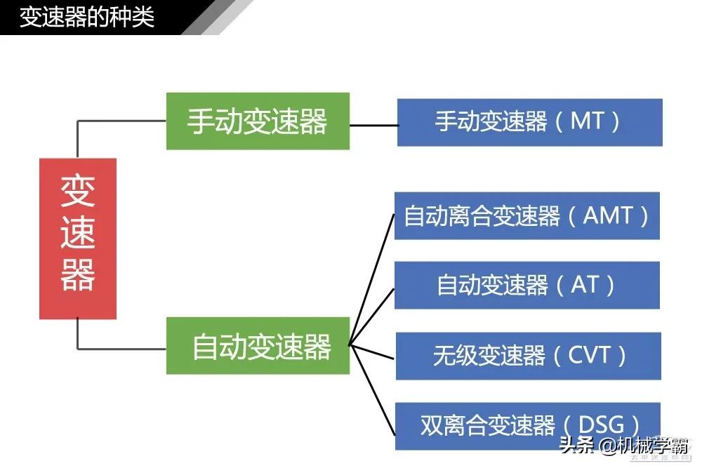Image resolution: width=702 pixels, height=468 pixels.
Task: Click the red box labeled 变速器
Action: pos(77,239)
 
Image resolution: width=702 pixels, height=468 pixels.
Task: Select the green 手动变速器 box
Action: pos(258,121)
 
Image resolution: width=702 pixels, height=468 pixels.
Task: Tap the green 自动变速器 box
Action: pos(258,346)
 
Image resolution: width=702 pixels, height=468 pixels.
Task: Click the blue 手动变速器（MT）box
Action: pos(529,122)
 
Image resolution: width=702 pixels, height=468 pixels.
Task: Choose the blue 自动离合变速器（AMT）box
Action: pos(526,215)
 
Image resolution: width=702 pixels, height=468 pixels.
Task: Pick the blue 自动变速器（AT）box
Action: pos(526,285)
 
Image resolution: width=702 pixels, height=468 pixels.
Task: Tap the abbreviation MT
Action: pos(587,121)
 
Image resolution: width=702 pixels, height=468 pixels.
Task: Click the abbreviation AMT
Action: pos(608,215)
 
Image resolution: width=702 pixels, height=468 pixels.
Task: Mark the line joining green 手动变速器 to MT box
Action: pos(373,126)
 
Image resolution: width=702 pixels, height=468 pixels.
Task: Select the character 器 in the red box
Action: pos(77,276)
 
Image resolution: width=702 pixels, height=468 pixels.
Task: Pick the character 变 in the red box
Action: pos(77,191)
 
